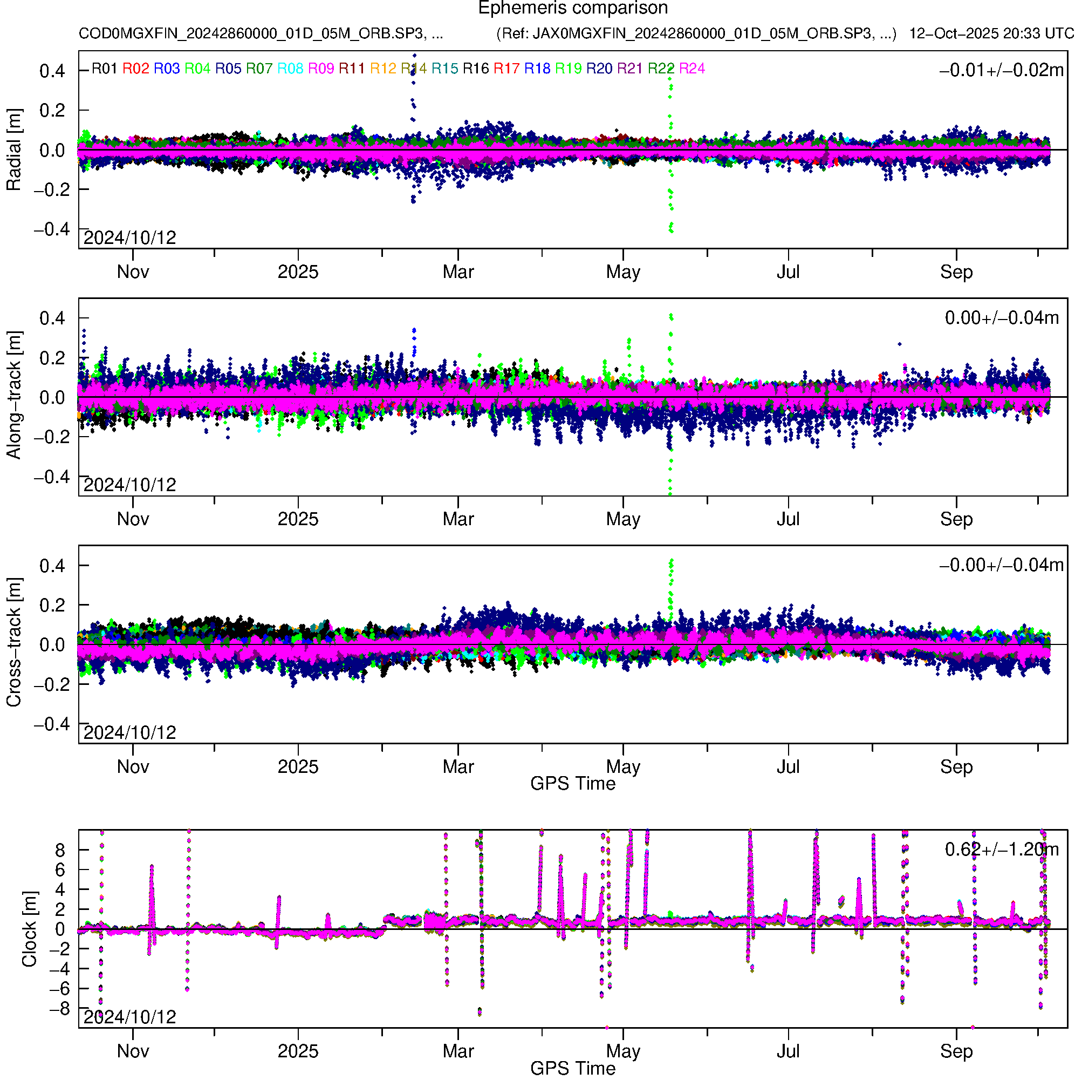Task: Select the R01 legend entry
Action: [105, 69]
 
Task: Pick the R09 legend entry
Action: [321, 69]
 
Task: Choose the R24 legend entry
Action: [692, 69]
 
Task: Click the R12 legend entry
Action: [384, 69]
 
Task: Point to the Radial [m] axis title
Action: [13, 150]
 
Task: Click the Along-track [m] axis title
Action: [13, 396]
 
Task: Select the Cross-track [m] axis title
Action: [13, 643]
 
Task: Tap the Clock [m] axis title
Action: [29, 929]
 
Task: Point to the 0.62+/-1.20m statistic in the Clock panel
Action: [1002, 850]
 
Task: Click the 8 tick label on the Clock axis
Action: [60, 850]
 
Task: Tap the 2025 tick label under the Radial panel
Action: [298, 272]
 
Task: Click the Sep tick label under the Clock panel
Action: [956, 1051]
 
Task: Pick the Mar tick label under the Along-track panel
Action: [458, 519]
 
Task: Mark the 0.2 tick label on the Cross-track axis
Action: [52, 606]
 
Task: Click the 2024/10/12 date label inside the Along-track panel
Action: [129, 485]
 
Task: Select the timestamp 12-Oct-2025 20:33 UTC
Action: [991, 33]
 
